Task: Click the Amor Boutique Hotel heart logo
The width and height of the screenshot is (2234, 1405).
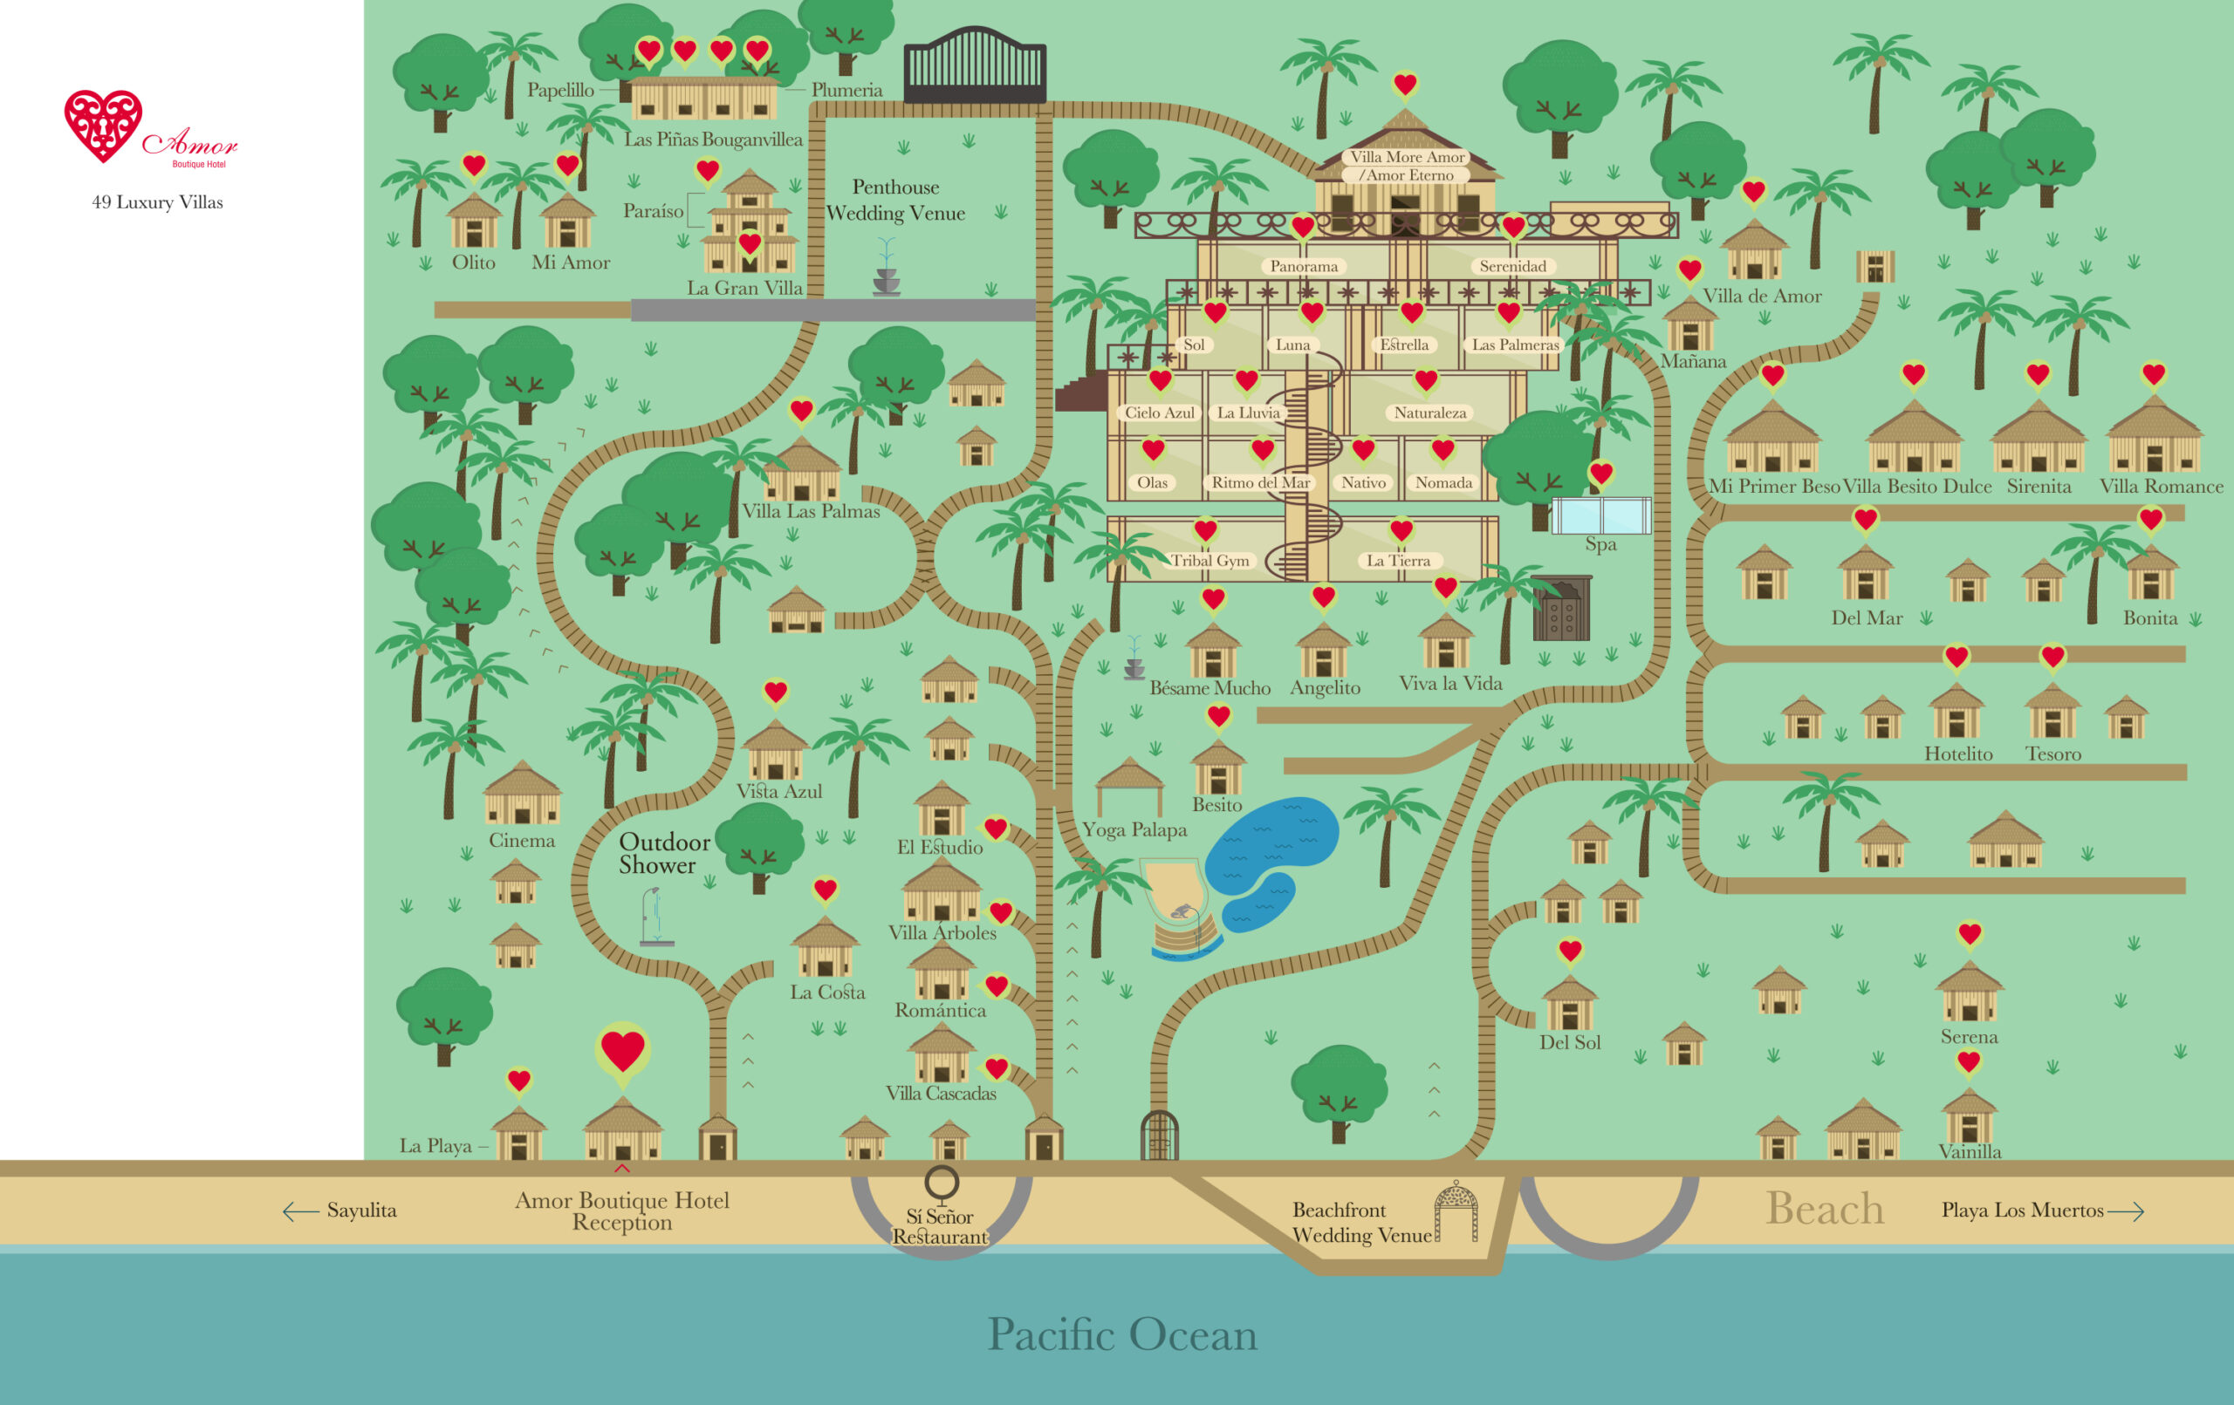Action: [x=103, y=126]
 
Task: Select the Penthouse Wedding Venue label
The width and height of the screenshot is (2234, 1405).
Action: [x=895, y=201]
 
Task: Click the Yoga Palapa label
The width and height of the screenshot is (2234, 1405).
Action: [x=1134, y=830]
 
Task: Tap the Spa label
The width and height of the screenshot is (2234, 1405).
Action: [x=1600, y=544]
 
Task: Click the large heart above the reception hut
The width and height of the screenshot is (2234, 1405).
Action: [x=622, y=1051]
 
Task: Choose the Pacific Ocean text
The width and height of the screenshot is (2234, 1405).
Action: [x=1121, y=1334]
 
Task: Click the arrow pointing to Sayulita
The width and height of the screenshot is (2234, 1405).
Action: [x=300, y=1211]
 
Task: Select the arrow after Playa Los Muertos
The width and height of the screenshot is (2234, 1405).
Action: [x=2126, y=1211]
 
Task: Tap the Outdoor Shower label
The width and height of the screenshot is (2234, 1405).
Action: [x=663, y=853]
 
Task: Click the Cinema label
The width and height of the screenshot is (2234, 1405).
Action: [x=521, y=841]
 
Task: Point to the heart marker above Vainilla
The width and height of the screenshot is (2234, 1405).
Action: [x=1969, y=1062]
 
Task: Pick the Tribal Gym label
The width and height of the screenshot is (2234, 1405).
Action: [x=1210, y=560]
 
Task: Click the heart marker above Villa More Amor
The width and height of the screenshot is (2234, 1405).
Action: [x=1405, y=85]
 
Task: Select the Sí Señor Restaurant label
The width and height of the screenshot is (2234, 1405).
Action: [x=940, y=1226]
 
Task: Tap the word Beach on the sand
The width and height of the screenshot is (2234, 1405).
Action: [x=1824, y=1209]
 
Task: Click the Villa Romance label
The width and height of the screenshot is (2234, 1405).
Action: [x=2161, y=487]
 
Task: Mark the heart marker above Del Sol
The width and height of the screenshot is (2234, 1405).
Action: [x=1570, y=951]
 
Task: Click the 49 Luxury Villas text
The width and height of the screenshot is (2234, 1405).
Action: [x=158, y=202]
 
